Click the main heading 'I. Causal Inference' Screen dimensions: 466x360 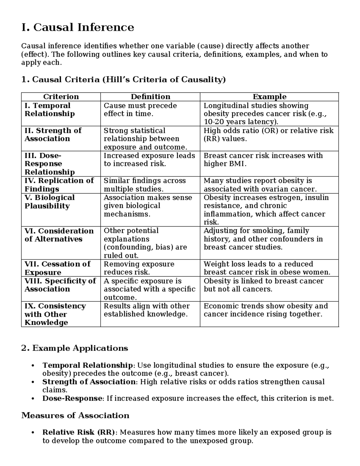tap(78, 27)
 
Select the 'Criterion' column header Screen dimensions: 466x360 tap(61, 97)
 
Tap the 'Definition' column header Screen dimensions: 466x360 tap(150, 97)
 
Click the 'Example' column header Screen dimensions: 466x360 tap(269, 97)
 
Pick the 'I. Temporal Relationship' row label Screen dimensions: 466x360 tap(49, 110)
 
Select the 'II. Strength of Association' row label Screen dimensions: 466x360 tap(53, 135)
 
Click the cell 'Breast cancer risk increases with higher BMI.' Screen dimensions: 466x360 tap(263, 160)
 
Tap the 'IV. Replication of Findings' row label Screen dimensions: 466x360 tap(59, 185)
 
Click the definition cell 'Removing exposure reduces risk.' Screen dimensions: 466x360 tap(139, 268)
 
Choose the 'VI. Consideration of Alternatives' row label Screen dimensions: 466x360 tap(59, 235)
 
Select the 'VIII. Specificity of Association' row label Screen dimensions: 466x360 tap(60, 285)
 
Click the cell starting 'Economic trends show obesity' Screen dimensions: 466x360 tap(265, 310)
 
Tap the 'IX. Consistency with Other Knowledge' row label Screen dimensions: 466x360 tap(55, 314)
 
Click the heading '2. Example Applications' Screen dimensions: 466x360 tap(75, 348)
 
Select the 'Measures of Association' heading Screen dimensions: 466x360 tap(75, 416)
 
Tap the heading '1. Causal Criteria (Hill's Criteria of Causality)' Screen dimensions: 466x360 tap(123, 80)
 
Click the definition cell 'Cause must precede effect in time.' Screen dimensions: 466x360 tap(140, 110)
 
